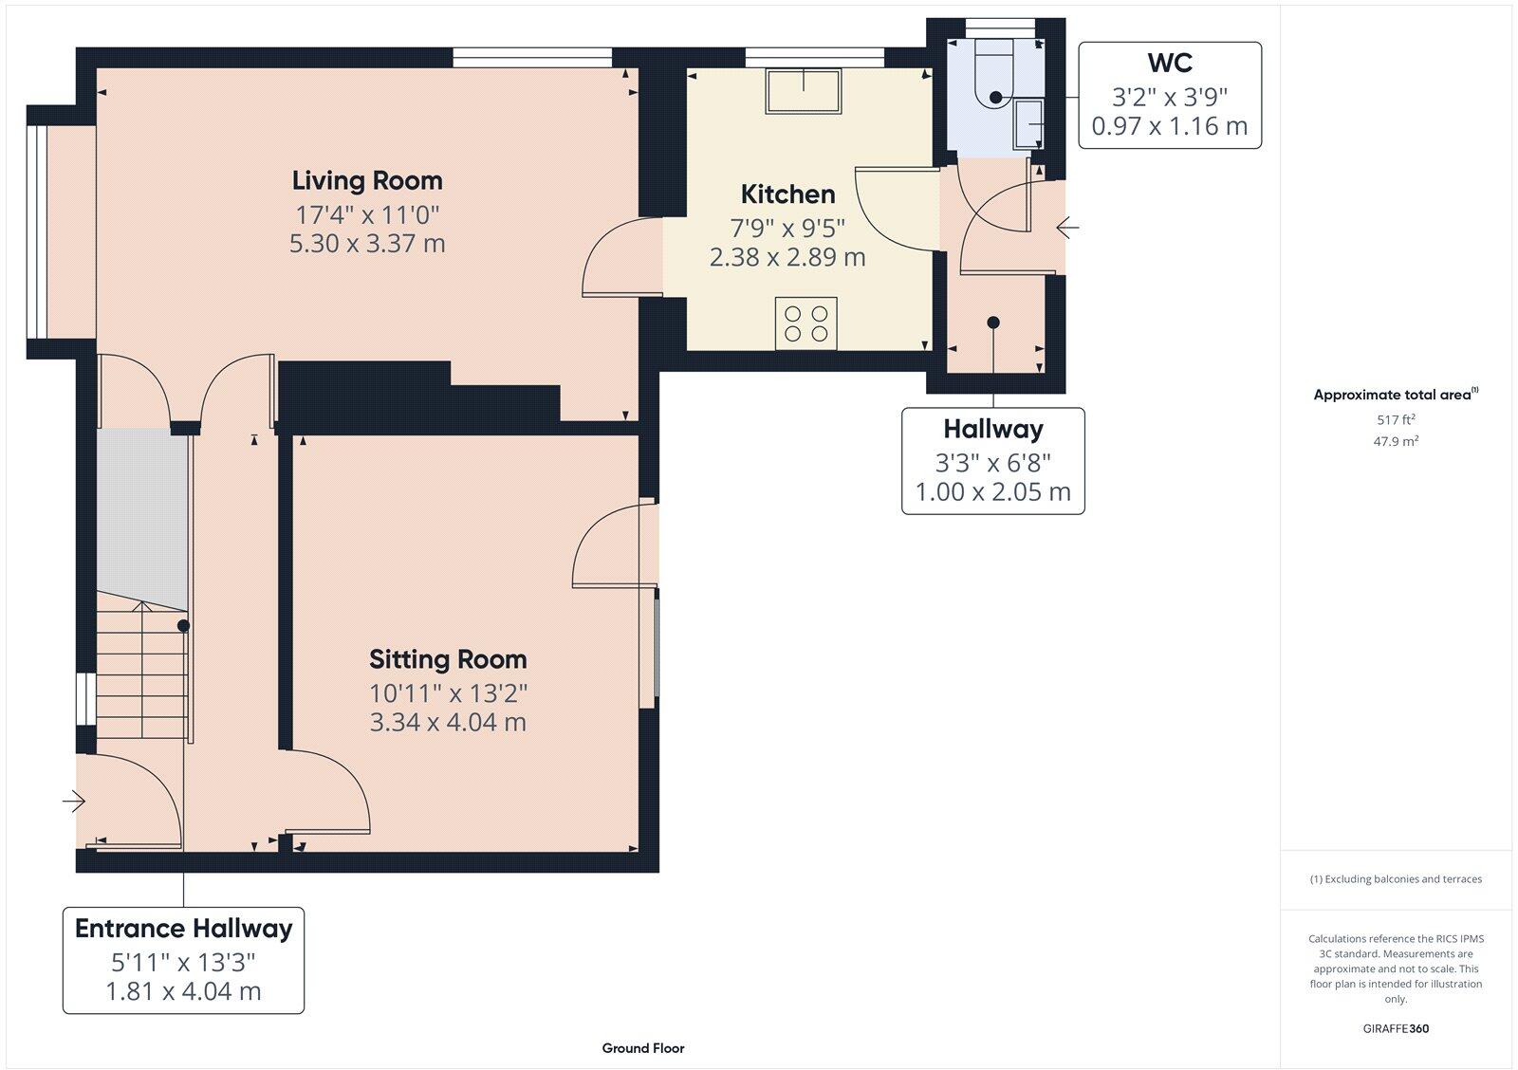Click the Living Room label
pos(366,180)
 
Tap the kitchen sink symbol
pos(804,92)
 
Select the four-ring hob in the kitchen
pos(805,323)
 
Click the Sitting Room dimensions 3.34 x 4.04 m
pos(448,722)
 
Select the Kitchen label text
pos(787,194)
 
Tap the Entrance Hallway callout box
pos(183,960)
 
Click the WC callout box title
pos(1169,64)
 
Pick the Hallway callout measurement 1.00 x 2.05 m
pos(992,491)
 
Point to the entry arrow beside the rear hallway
pos(1067,228)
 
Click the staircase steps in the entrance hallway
pos(142,673)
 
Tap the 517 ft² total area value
pos(1396,419)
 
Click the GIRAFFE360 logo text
pos(1396,1028)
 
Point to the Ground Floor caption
pos(642,1048)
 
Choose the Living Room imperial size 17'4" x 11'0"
pos(366,213)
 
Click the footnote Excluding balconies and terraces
pos(1396,879)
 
